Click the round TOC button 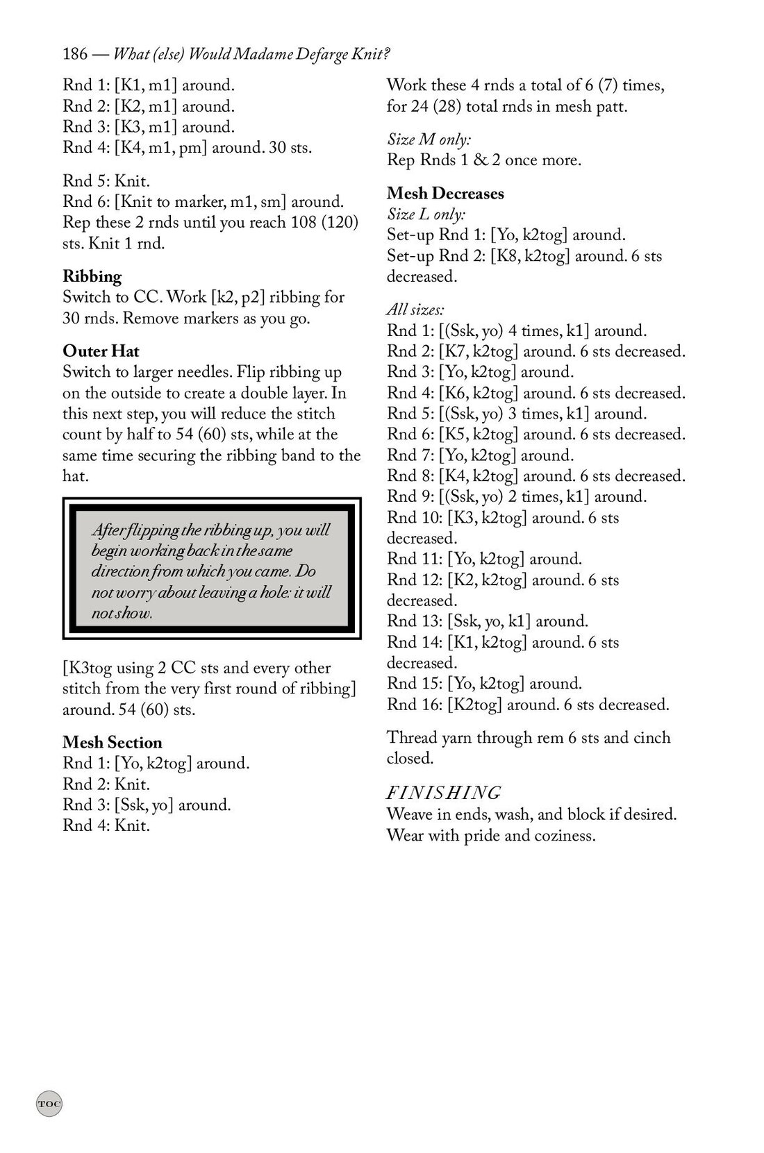coord(49,1103)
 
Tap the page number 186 coord(74,53)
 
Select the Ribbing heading coord(92,276)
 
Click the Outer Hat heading coord(101,351)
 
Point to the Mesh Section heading coord(112,742)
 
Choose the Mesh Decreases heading coord(445,193)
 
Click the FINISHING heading coord(443,792)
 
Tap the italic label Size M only coord(429,140)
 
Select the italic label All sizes coord(415,309)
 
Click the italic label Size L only coord(426,214)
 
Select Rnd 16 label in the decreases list coord(410,705)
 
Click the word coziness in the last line coord(564,834)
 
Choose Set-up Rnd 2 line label coord(435,256)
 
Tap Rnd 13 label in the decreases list coord(410,621)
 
